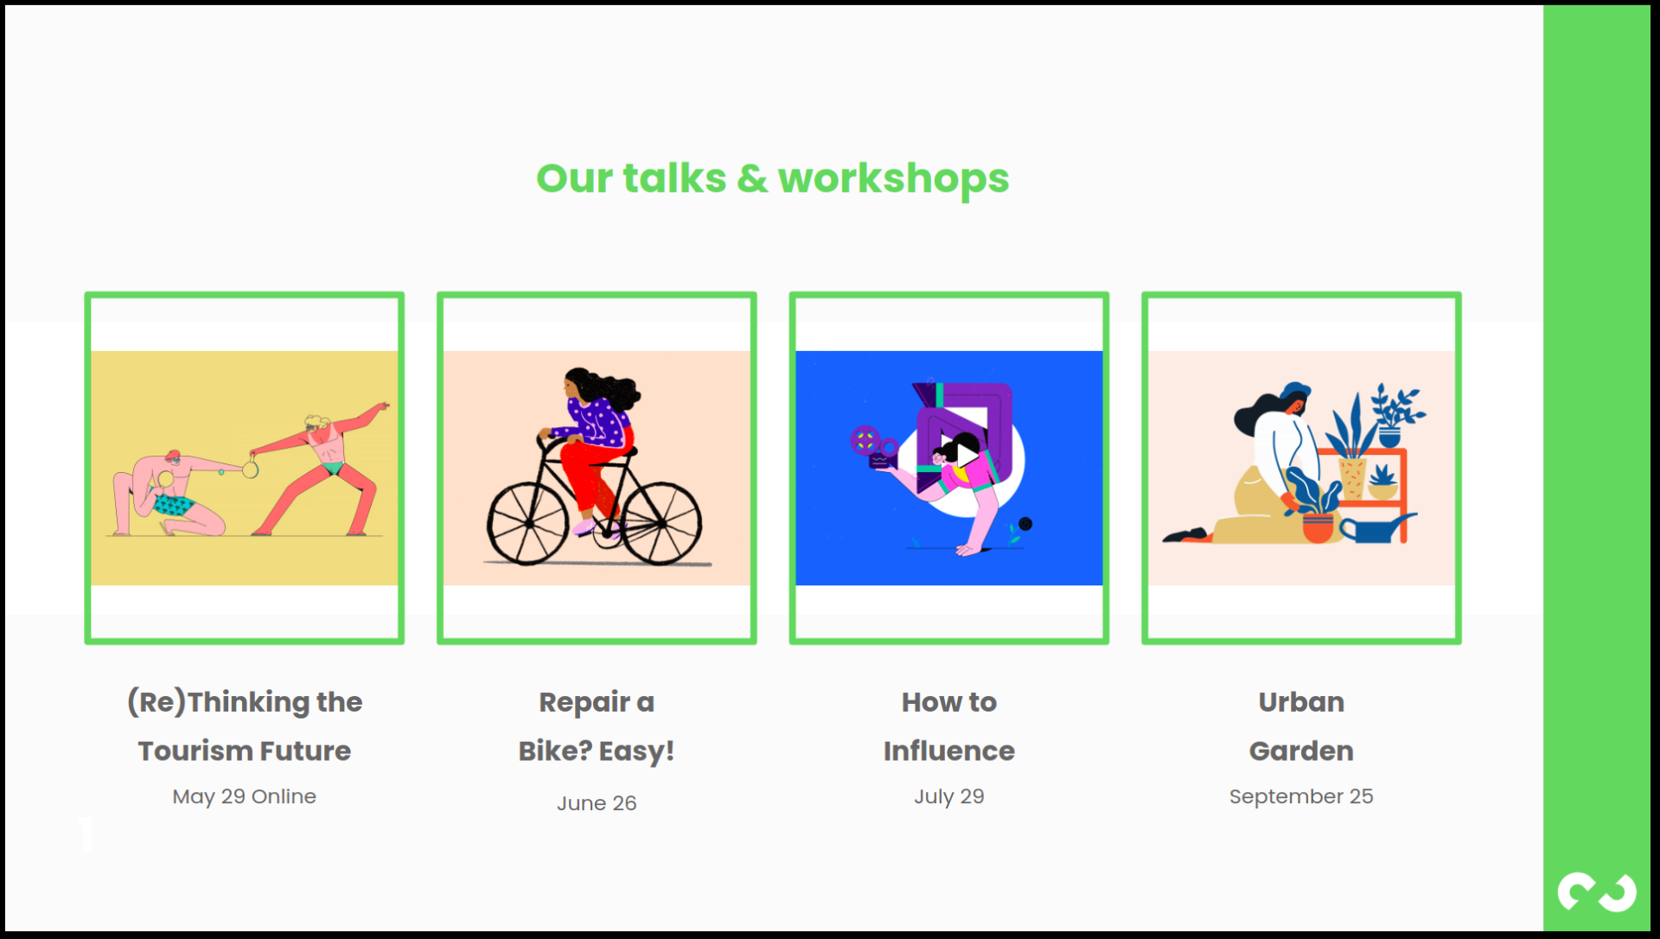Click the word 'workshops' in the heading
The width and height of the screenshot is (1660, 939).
pos(893,180)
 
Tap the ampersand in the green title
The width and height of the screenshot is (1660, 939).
pos(752,179)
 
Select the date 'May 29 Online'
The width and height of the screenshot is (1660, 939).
pos(245,796)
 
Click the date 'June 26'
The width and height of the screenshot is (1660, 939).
pos(597,803)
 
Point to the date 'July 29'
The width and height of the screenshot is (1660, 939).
pos(949,796)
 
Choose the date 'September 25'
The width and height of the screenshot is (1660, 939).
pos(1301,796)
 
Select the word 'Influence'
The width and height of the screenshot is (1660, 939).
pos(949,751)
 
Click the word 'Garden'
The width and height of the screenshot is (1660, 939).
pos(1301,751)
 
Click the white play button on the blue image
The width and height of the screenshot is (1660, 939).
pos(967,454)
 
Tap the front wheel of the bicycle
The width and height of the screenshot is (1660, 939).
pos(661,523)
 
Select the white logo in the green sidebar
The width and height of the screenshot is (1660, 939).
pos(1597,892)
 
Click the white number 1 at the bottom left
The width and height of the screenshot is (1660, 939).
pos(86,834)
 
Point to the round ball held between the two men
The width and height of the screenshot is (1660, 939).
pos(250,470)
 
